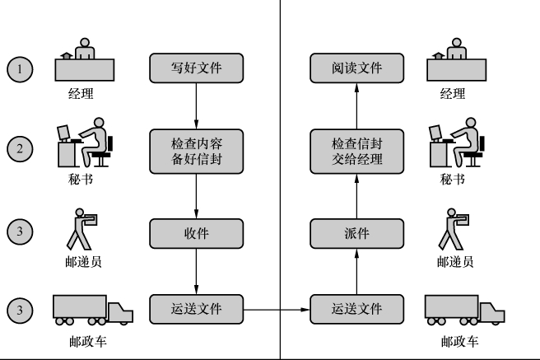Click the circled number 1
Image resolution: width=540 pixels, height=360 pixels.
tap(20, 68)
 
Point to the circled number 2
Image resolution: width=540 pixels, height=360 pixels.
tap(20, 150)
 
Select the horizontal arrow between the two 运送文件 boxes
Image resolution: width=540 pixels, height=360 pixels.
tap(278, 310)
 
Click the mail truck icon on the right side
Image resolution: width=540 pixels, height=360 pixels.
tap(463, 311)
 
